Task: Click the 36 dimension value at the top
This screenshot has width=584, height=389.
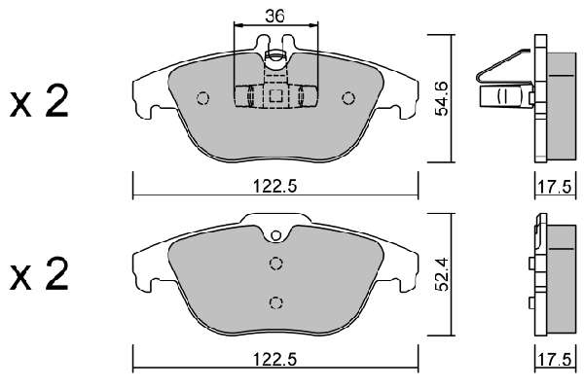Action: coord(274,16)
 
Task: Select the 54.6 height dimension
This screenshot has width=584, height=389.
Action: coord(443,98)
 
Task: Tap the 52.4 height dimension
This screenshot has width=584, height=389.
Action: coord(443,274)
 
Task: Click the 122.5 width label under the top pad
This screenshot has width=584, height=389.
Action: coord(274,186)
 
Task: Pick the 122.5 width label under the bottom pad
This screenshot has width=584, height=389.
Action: coord(274,359)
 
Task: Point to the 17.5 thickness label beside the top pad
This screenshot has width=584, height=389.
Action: coord(554,187)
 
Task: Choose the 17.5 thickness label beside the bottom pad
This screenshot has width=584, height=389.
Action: coord(554,360)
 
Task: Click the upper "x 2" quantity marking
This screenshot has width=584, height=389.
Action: coord(39,100)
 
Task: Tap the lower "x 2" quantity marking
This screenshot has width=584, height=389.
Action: coord(39,274)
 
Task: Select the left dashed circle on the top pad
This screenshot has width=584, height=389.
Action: coord(203,98)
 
